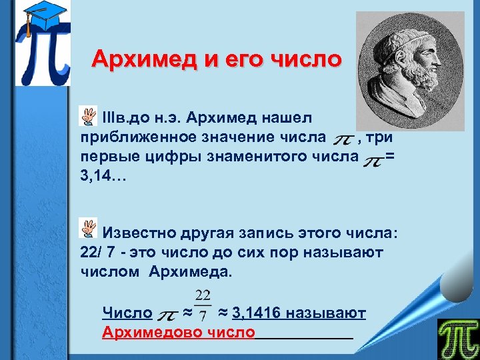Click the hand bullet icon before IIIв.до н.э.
(87, 117)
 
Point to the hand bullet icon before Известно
(87, 229)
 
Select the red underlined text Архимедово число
(178, 332)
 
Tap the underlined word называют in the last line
(330, 313)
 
